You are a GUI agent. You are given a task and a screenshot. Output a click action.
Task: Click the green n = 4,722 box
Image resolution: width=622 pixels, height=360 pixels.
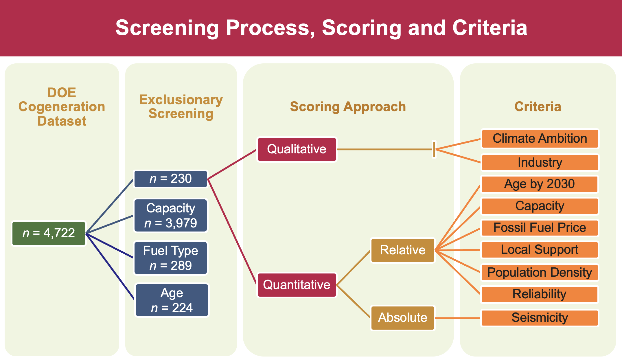tap(49, 234)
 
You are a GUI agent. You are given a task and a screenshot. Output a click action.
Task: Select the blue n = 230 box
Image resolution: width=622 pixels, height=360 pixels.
tap(171, 179)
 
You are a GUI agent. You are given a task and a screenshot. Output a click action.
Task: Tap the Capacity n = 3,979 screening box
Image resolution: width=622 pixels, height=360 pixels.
tap(171, 216)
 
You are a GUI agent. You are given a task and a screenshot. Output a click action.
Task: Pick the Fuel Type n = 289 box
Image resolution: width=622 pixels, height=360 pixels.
tap(171, 258)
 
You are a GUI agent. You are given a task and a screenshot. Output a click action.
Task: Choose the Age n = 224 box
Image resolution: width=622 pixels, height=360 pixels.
tap(172, 300)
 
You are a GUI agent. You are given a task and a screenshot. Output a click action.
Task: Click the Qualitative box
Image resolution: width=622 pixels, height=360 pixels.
tap(297, 149)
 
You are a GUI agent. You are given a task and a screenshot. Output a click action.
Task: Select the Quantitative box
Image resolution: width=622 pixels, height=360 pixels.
tap(297, 285)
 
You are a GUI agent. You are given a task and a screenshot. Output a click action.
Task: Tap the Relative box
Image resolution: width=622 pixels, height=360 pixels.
tap(403, 250)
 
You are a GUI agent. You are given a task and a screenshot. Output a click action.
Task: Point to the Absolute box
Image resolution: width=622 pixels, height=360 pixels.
tap(403, 318)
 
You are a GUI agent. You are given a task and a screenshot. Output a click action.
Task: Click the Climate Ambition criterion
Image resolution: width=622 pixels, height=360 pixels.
tap(540, 139)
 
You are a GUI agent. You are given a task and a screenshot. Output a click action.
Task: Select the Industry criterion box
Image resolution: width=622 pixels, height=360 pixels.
tap(540, 163)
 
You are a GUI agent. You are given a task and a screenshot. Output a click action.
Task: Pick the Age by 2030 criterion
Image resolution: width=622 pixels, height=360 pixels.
tap(540, 184)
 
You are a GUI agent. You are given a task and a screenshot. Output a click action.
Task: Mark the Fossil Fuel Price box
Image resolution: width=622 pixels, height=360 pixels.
tap(540, 228)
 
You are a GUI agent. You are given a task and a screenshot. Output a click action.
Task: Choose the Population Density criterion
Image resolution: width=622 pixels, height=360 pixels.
tap(540, 273)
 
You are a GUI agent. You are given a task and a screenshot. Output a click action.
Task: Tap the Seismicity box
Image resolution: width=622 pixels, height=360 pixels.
tap(540, 318)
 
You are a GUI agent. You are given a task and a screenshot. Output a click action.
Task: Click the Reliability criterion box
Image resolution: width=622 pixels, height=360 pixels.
tap(540, 294)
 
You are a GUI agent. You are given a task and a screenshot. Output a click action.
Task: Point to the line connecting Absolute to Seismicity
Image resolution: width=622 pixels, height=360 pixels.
tap(458, 318)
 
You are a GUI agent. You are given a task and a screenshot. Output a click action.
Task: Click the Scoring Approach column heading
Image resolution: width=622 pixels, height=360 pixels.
tap(348, 106)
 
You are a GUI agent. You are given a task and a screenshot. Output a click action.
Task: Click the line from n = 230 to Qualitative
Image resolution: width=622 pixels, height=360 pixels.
tap(232, 164)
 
